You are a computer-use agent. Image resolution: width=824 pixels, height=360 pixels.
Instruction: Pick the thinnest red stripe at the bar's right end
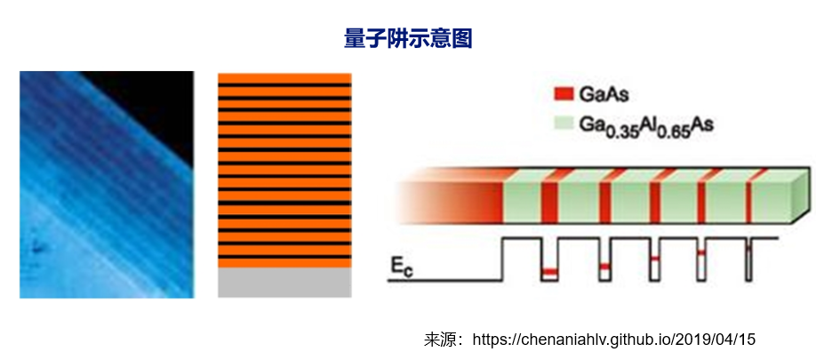748,196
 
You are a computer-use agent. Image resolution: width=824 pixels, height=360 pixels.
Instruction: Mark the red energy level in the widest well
550,270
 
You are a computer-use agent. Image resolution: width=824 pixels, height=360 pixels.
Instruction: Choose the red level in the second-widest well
604,266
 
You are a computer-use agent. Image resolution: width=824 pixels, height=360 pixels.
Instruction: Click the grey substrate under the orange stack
284,283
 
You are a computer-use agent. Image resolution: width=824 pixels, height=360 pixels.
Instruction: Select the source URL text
613,340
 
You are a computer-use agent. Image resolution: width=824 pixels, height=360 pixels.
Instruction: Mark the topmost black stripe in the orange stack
284,84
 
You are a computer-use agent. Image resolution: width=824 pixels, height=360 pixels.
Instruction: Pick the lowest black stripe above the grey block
284,256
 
